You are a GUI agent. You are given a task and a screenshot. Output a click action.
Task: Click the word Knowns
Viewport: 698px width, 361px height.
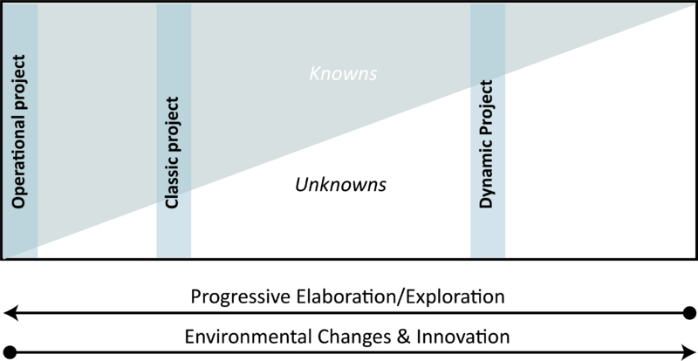tap(343, 74)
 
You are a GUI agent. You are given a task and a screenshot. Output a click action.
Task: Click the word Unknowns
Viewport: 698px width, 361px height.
tap(340, 184)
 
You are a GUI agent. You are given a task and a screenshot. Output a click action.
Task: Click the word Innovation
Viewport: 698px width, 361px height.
tap(463, 336)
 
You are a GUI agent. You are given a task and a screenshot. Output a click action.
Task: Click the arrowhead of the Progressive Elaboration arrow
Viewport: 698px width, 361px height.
tap(10, 313)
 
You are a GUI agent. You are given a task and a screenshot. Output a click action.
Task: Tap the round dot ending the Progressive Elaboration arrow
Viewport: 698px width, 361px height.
tap(689, 313)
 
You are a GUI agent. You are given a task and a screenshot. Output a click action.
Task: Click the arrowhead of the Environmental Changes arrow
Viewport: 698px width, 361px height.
tap(688, 351)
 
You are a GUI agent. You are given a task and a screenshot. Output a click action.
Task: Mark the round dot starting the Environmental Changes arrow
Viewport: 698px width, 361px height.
tap(10, 351)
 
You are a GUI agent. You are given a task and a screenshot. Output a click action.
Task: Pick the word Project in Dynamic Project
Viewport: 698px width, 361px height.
tap(487, 109)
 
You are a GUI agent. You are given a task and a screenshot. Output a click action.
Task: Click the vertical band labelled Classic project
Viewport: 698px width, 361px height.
tap(174, 131)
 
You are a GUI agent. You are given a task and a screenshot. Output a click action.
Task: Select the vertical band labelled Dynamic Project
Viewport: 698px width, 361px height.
tap(488, 131)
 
